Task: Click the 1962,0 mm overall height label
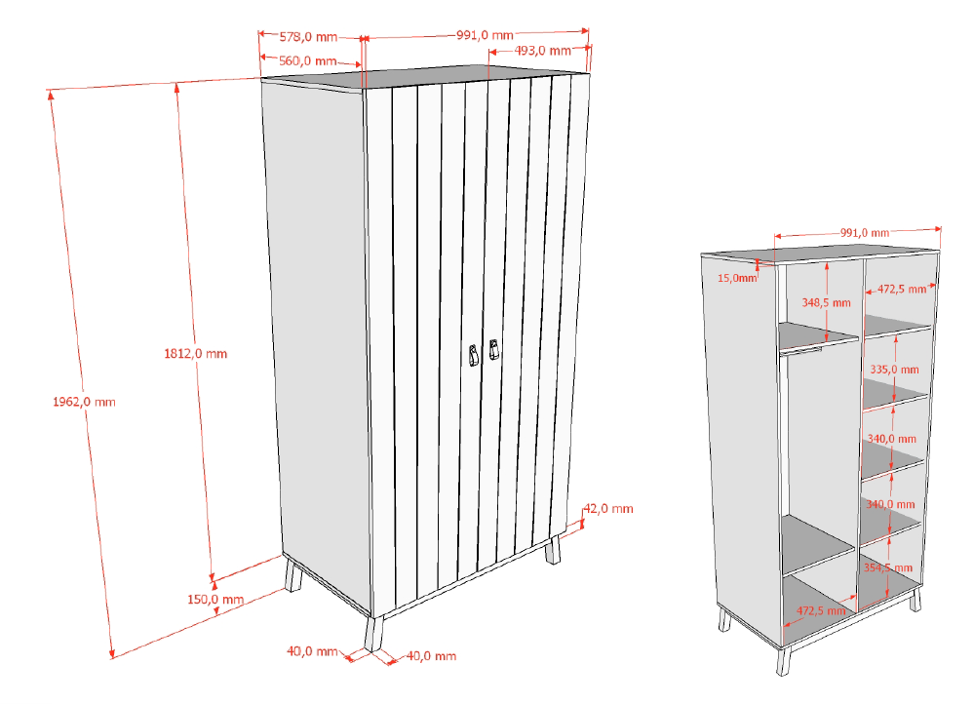(84, 402)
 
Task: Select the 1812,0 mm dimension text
(196, 354)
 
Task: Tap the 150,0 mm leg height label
(215, 600)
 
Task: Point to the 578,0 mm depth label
(308, 37)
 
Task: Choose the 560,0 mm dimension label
(307, 60)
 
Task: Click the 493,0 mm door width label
(543, 51)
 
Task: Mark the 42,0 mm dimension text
(608, 508)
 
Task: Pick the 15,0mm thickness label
(737, 278)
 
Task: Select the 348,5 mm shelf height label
(826, 302)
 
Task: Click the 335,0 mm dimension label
(894, 370)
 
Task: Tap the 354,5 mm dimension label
(888, 567)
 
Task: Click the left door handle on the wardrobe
(474, 356)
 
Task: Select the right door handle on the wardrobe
(494, 349)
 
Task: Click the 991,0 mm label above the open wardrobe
(865, 233)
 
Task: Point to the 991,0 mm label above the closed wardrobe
(486, 35)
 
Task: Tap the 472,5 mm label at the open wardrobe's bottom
(821, 610)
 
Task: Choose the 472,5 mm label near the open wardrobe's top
(902, 289)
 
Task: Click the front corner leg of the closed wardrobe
(374, 634)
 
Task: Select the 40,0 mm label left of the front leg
(312, 651)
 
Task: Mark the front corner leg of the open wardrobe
(783, 661)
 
